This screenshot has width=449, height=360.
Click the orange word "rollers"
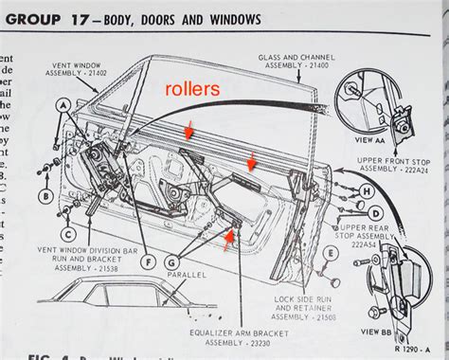point(194,88)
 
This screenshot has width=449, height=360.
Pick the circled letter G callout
point(171,261)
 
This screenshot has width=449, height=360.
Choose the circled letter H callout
point(365,190)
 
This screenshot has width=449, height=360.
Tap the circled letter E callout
point(330,253)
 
